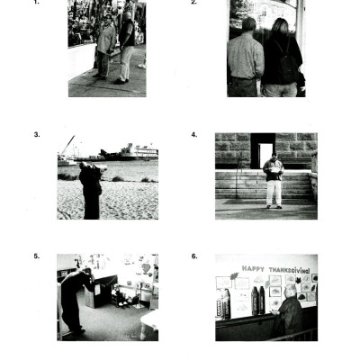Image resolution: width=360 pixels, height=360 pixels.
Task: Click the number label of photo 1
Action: point(36,3)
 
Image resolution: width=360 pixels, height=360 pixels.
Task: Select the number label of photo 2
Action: point(193,3)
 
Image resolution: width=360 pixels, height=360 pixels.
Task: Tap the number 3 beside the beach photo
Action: point(37,134)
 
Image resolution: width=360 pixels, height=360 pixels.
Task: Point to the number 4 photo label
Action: point(193,134)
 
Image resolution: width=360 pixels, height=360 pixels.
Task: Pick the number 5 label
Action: point(36,256)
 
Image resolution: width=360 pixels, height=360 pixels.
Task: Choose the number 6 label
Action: point(193,256)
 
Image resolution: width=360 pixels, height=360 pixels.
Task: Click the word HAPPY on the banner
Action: point(256,268)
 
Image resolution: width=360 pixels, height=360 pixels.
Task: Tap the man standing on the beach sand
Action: point(91,190)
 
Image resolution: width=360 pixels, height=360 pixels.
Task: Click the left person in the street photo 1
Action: point(106,45)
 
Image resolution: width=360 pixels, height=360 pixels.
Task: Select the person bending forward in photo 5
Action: point(72,297)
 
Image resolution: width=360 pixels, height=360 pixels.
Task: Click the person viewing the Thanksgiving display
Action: point(288,314)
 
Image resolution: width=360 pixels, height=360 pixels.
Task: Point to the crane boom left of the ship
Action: point(68,146)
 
